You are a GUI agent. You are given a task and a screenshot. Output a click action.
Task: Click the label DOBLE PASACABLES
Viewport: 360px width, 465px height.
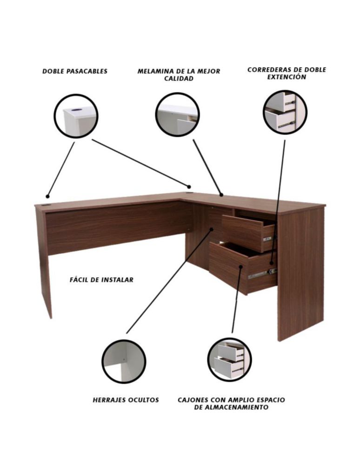tap(75, 71)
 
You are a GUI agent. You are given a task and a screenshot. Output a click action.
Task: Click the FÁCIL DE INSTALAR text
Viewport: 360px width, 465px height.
tap(101, 279)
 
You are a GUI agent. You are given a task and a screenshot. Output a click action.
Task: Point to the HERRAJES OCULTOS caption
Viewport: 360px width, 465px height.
tap(126, 400)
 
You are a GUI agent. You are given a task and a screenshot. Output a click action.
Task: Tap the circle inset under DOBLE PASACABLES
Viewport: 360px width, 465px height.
tap(76, 116)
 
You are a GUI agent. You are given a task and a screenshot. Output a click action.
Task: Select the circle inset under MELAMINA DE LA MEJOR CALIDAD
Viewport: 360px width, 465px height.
tap(177, 115)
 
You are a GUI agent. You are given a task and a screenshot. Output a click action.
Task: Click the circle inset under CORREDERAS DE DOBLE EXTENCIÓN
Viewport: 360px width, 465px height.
tap(285, 112)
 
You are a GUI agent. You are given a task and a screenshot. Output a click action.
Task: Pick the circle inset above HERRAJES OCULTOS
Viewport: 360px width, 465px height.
tap(124, 361)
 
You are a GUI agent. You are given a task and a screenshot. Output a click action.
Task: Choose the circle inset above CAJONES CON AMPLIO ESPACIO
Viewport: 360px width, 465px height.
tap(229, 360)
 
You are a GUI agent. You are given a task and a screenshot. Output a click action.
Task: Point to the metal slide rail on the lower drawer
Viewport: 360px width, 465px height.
tap(262, 274)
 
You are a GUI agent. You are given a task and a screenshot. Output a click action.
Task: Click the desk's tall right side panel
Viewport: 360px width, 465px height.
tap(300, 273)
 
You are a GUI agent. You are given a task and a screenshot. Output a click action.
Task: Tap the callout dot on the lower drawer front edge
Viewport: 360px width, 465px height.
tap(241, 266)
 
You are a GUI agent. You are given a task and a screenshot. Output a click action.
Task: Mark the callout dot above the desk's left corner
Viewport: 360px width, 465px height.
tap(47, 196)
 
